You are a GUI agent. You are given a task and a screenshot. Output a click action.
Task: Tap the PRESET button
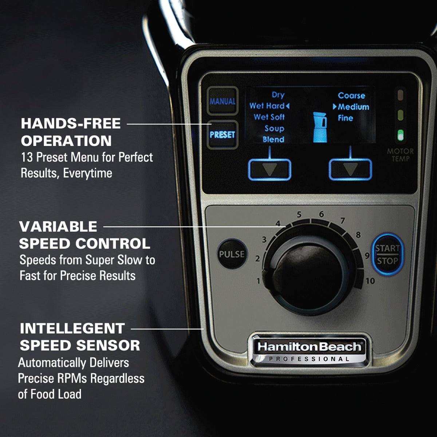(222, 135)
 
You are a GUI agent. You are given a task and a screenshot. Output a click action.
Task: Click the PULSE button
(232, 254)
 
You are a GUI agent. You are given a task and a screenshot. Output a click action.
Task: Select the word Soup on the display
(274, 128)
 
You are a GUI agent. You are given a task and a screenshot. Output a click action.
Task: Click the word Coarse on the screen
(351, 95)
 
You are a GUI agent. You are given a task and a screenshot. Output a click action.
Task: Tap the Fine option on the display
(345, 118)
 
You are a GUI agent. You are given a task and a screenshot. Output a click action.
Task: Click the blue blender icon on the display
(320, 127)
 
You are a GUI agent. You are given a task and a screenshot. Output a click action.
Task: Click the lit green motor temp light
(400, 135)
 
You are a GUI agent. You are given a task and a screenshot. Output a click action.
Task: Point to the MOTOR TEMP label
(400, 155)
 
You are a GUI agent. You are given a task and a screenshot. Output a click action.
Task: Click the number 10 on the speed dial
(370, 281)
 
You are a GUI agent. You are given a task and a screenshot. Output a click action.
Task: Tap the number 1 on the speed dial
(259, 281)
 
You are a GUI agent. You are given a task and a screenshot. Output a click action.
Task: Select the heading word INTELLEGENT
(72, 328)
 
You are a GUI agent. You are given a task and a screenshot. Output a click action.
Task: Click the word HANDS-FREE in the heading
(71, 123)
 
